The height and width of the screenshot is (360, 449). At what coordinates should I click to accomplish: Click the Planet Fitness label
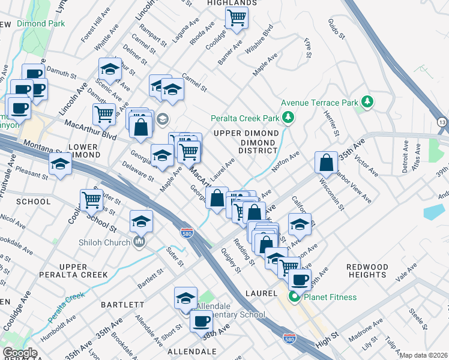[330, 298]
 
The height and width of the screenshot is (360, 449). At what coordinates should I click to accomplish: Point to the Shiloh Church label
[104, 242]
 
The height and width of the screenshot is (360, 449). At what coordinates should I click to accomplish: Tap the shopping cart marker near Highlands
[237, 18]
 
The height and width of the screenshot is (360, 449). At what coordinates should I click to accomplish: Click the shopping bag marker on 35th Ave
[325, 162]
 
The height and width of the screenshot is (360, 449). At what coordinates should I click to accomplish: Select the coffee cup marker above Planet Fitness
[300, 279]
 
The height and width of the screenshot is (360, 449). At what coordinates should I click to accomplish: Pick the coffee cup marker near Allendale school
[201, 321]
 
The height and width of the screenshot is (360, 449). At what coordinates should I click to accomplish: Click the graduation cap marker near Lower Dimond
[60, 164]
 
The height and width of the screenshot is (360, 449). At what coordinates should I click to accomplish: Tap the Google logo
[20, 353]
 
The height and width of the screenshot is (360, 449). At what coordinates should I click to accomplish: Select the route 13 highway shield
[442, 122]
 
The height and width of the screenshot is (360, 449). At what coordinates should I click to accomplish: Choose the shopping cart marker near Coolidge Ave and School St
[91, 199]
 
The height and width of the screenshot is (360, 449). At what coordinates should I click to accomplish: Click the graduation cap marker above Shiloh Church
[141, 222]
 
